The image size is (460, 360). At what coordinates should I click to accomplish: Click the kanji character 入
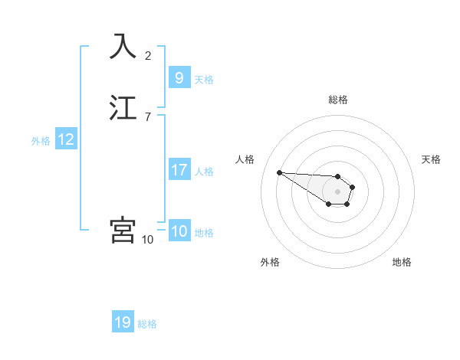123,47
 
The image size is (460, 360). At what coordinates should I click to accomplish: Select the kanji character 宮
123,230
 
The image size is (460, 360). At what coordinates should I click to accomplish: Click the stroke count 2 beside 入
148,55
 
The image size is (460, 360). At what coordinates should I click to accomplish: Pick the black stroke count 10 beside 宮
148,239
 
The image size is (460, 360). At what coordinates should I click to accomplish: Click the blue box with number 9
179,78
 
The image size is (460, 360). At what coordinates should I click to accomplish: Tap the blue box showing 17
179,170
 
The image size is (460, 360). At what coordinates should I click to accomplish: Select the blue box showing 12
66,139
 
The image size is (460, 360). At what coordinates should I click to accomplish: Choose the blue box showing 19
123,322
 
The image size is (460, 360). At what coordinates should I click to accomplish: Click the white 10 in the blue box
179,231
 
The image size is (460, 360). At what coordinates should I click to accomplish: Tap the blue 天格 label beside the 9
204,80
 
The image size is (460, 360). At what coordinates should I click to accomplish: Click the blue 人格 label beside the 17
204,172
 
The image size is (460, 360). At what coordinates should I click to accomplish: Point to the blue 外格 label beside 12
41,141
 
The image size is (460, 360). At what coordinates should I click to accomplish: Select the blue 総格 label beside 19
147,324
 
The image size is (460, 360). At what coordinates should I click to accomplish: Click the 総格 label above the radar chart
338,100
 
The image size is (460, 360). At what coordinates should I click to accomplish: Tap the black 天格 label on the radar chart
431,159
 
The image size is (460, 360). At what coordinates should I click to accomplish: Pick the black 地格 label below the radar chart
402,262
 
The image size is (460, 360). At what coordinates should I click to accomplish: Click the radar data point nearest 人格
279,172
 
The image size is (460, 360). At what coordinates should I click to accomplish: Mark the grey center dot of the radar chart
338,191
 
